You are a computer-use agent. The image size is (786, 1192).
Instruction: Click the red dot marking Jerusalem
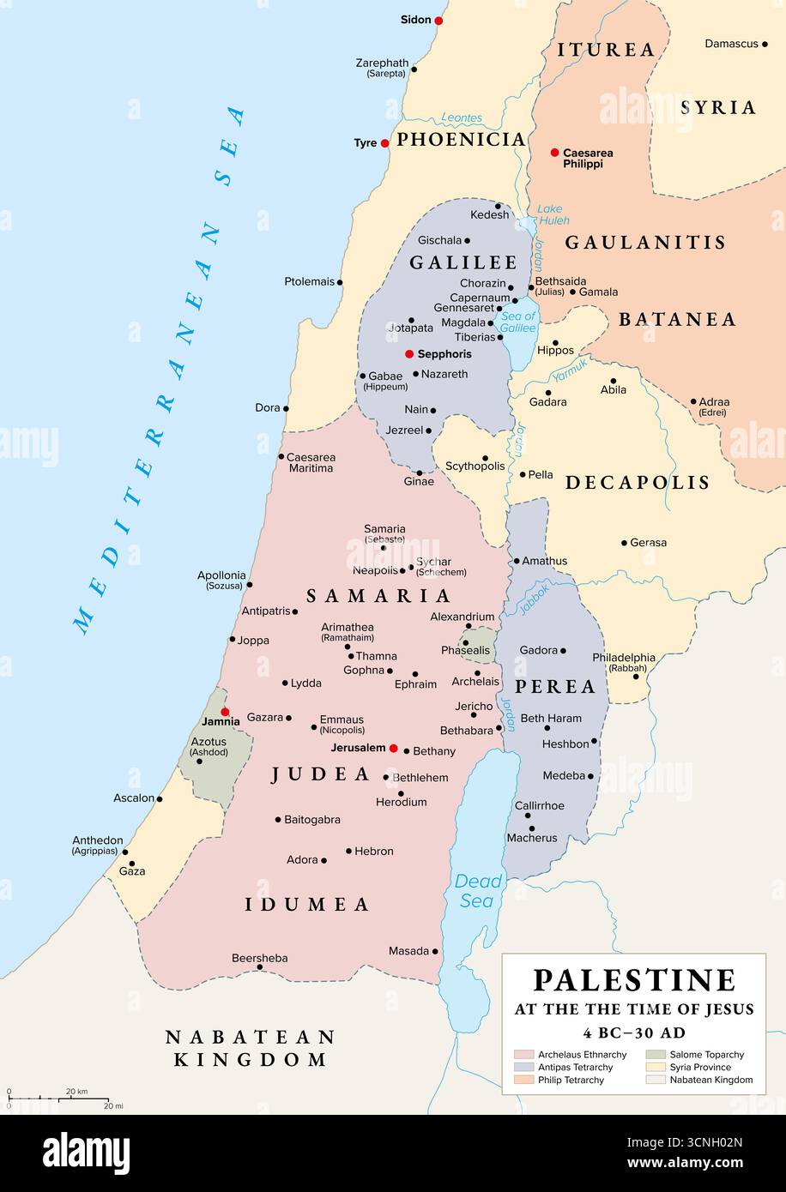[x=394, y=749]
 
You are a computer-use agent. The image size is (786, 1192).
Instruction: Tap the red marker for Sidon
[x=438, y=20]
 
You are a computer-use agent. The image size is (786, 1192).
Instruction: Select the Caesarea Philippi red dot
[x=554, y=153]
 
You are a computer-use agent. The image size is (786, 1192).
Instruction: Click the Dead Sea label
[x=478, y=891]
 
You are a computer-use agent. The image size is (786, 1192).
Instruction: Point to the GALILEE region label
[x=463, y=263]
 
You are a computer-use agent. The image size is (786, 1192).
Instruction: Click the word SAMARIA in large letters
[x=378, y=596]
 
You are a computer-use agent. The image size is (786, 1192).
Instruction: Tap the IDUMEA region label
[x=307, y=905]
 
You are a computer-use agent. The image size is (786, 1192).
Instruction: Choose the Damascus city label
[x=731, y=43]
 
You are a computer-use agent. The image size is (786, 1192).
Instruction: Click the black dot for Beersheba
[x=260, y=967]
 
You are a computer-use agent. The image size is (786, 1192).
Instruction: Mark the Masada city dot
[x=436, y=951]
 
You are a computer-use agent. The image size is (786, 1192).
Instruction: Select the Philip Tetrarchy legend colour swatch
[x=523, y=1080]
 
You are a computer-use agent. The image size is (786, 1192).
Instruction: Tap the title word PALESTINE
[x=634, y=980]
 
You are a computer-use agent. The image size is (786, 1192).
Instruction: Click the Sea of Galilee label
[x=518, y=322]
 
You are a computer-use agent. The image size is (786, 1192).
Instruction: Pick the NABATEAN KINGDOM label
[x=250, y=1048]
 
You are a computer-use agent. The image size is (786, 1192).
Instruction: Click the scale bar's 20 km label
[x=76, y=1092]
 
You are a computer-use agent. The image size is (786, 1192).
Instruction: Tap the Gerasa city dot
[x=625, y=543]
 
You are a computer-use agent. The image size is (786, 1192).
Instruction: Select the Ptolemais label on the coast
[x=309, y=281]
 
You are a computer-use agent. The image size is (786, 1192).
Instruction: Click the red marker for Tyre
[x=385, y=143]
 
